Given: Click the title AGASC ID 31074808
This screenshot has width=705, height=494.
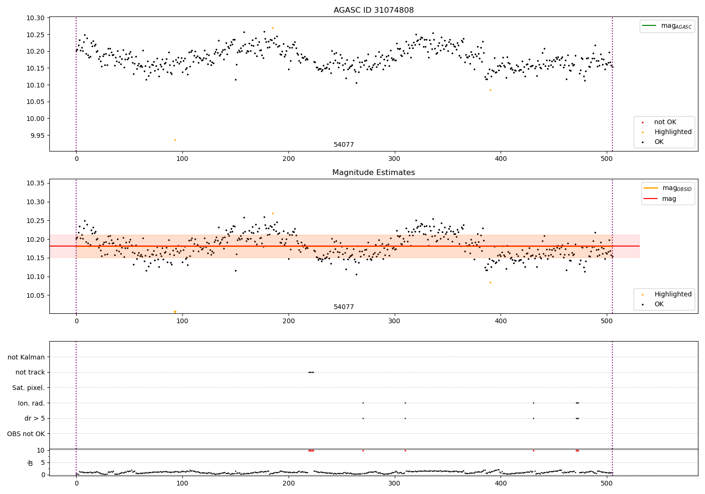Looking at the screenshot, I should point(374,10).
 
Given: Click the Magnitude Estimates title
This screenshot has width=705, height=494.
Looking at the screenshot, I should point(374,173).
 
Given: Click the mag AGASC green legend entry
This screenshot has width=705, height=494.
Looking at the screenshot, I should point(667,26).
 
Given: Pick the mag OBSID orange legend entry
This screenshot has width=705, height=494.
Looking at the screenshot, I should point(667,188).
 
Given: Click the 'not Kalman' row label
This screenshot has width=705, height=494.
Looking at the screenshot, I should point(26,357).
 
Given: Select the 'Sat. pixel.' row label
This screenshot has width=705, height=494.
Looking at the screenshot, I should point(28,388).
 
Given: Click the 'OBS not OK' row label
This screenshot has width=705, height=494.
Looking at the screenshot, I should point(26,434).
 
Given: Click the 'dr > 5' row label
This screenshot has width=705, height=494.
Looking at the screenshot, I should point(34,418).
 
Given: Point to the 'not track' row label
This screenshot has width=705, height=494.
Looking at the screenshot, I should point(30,372).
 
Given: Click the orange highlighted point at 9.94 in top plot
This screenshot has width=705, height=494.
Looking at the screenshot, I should point(175,140).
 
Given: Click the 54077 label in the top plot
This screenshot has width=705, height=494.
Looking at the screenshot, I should point(344,145).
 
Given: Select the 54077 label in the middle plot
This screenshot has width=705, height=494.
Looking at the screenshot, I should point(344,307).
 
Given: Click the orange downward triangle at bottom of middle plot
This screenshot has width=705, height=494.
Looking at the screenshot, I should point(175,312).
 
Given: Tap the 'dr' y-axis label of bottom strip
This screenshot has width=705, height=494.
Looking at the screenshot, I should point(31,462).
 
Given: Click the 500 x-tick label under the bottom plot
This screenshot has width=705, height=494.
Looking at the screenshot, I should point(607,482).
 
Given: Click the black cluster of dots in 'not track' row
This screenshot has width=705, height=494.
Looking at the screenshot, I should point(311,372).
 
